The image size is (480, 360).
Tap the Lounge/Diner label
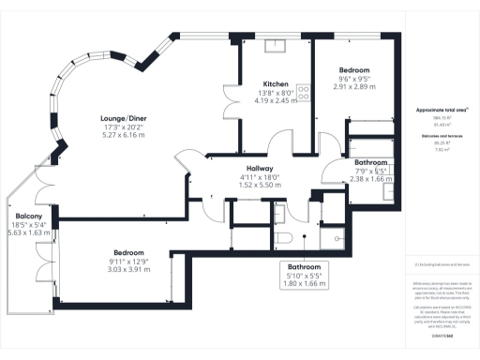click(x=124, y=118)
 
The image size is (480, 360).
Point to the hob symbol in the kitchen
click(x=304, y=92)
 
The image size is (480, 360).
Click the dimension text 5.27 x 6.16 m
click(x=124, y=135)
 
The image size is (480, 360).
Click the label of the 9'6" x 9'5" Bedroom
click(x=354, y=70)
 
